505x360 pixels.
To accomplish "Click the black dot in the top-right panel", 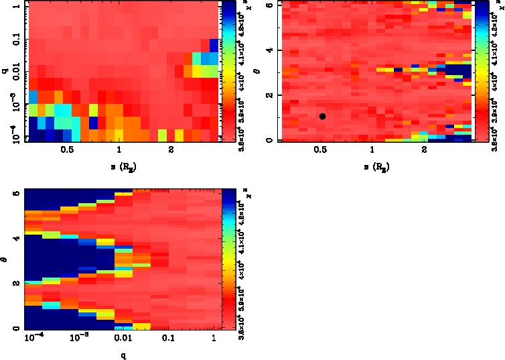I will click(323, 116).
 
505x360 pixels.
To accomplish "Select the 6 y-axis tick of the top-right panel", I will click(269, 5).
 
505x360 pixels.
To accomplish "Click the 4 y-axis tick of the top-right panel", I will click(269, 50).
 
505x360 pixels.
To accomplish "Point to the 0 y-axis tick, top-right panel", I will click(269, 140).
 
